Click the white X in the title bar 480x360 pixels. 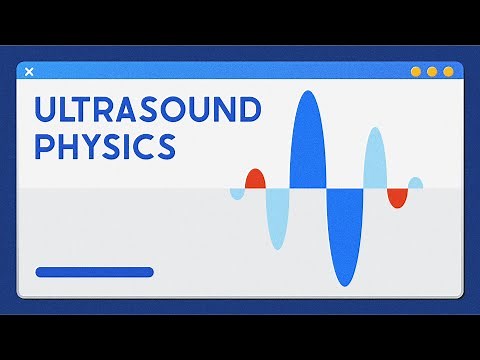[x=28, y=71]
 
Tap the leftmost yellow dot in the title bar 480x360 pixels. [x=416, y=71]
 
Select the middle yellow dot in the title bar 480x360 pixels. [x=432, y=71]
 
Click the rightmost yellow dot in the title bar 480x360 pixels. [x=448, y=71]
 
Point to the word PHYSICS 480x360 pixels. [x=105, y=147]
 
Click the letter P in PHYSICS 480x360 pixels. [x=45, y=147]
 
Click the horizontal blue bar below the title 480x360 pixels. [x=94, y=272]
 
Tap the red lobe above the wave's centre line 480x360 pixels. [x=254, y=180]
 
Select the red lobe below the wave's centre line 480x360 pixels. [x=398, y=197]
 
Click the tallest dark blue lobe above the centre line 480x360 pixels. [x=307, y=140]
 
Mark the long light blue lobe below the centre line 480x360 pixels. [x=277, y=217]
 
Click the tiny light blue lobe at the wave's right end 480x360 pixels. [x=415, y=183]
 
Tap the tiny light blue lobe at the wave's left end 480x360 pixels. [x=237, y=193]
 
